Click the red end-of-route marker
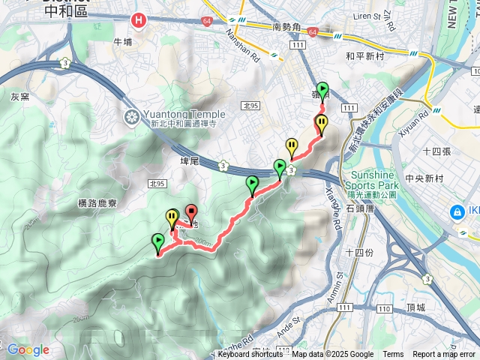click(190, 212)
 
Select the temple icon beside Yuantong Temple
click(131, 116)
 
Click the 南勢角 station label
click(287, 27)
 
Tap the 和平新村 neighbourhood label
click(364, 55)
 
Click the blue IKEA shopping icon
click(455, 213)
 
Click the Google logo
click(28, 349)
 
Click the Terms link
click(393, 355)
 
